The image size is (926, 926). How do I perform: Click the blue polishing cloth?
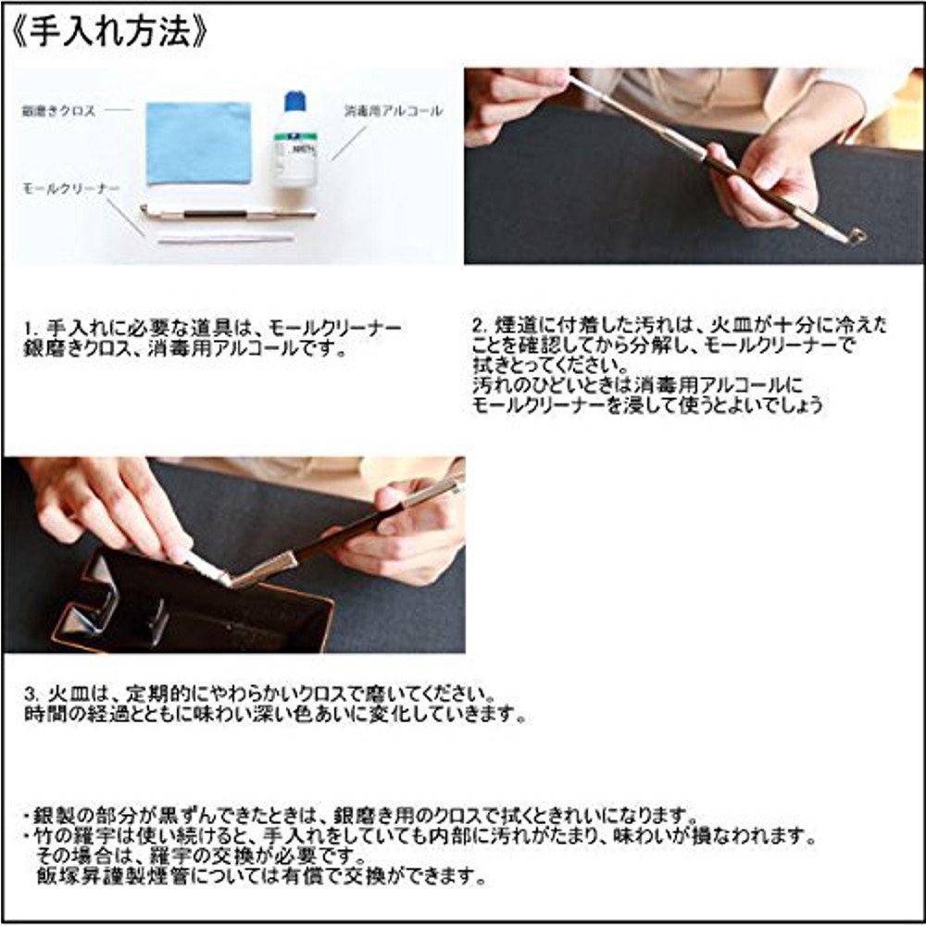(x=198, y=142)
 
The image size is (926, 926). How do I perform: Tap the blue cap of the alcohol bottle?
(x=294, y=101)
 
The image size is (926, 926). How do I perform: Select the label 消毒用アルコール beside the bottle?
(x=394, y=111)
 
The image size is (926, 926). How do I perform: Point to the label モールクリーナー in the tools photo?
(x=71, y=188)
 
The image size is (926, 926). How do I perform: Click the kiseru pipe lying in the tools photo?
(x=227, y=213)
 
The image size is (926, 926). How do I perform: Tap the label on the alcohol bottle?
(x=294, y=148)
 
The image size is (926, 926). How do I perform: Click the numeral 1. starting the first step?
(x=31, y=330)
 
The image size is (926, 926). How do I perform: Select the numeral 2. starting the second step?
(x=478, y=326)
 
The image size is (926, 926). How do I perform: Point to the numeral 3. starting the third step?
(x=31, y=694)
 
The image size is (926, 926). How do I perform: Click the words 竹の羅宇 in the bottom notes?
(x=63, y=837)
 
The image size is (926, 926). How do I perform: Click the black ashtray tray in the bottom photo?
(x=185, y=611)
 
